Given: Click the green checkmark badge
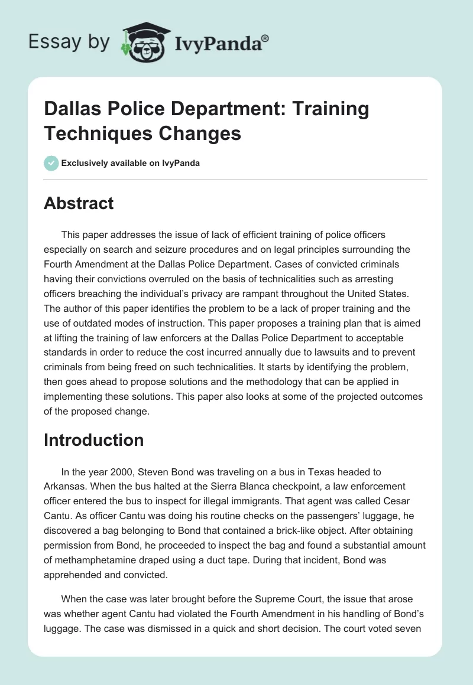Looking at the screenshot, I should [x=51, y=163].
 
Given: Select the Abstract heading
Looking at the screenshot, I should [x=79, y=204].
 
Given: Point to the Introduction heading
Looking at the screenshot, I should [x=93, y=440].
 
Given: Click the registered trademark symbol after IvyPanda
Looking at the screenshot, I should [x=265, y=38].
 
